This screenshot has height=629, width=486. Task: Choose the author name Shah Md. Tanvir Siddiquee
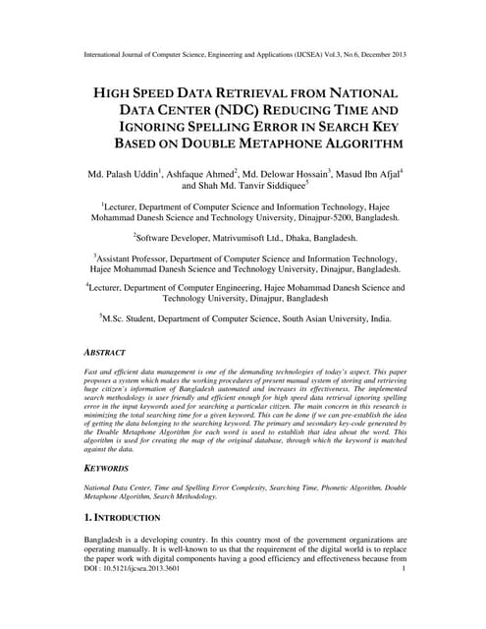(254, 184)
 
